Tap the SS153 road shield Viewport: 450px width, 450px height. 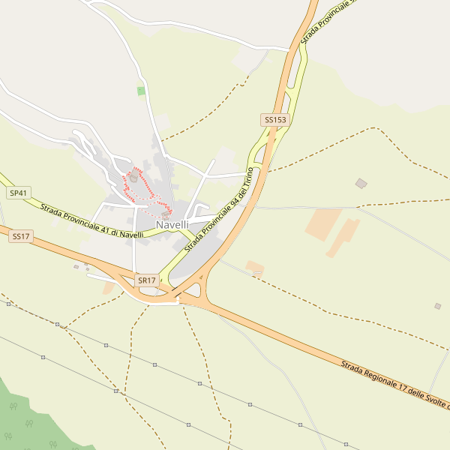274,120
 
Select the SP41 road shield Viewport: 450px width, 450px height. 18,193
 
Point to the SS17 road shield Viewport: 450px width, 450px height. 21,236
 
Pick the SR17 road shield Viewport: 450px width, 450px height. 147,280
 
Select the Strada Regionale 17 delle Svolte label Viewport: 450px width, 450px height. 394,384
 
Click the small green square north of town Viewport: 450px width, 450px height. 141,91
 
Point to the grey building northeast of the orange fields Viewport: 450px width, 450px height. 361,183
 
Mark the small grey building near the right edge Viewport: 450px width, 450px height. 437,306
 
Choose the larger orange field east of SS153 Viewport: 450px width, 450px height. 324,224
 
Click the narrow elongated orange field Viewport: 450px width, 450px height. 343,237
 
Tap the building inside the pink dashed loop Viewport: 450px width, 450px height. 133,178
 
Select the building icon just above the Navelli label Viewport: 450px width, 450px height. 166,214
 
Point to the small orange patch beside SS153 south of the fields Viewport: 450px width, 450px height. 255,266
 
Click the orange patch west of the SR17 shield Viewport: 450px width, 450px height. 109,287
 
